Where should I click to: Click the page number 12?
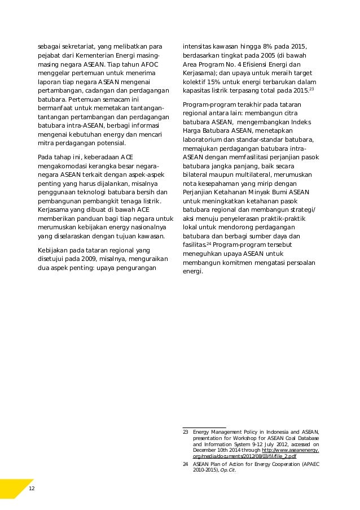[x=32, y=488]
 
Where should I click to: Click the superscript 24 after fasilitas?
[x=208, y=243]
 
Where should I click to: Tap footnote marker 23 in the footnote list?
[x=186, y=431]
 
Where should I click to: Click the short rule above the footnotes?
[x=204, y=428]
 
